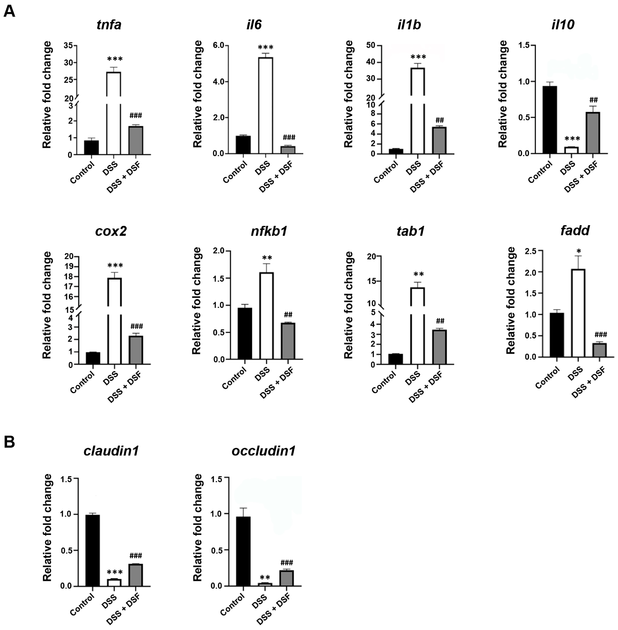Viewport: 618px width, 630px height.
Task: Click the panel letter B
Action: click(9, 442)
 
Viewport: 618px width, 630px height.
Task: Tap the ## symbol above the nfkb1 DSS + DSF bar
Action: click(288, 315)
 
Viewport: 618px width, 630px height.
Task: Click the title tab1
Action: click(410, 231)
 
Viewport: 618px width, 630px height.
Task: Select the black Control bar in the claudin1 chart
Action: click(92, 550)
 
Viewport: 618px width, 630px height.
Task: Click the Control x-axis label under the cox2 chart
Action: click(82, 382)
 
